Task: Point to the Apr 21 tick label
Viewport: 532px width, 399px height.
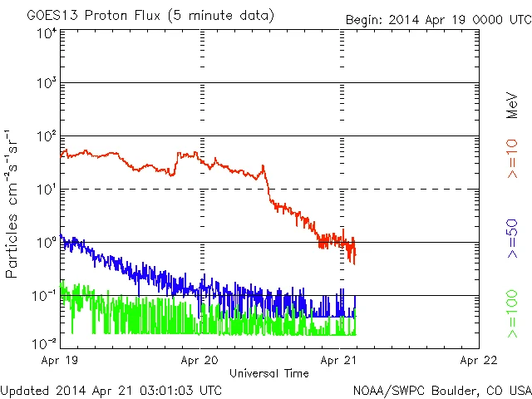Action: [339, 362]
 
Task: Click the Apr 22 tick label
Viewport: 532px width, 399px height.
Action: [477, 362]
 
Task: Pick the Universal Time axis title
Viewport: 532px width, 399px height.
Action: [269, 373]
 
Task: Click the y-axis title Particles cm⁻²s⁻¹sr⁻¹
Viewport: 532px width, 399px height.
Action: [13, 204]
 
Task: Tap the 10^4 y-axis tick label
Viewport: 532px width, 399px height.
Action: [46, 33]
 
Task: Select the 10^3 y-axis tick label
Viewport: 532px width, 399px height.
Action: [46, 84]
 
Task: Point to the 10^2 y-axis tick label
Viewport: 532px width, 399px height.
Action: [46, 136]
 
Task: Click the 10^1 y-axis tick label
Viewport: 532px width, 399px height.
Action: [46, 190]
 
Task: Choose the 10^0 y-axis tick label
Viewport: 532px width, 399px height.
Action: [46, 243]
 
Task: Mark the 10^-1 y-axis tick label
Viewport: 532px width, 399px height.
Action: [43, 296]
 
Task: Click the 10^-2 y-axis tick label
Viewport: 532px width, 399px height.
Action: [43, 342]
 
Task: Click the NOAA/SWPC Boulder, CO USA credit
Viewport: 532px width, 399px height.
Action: [441, 389]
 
